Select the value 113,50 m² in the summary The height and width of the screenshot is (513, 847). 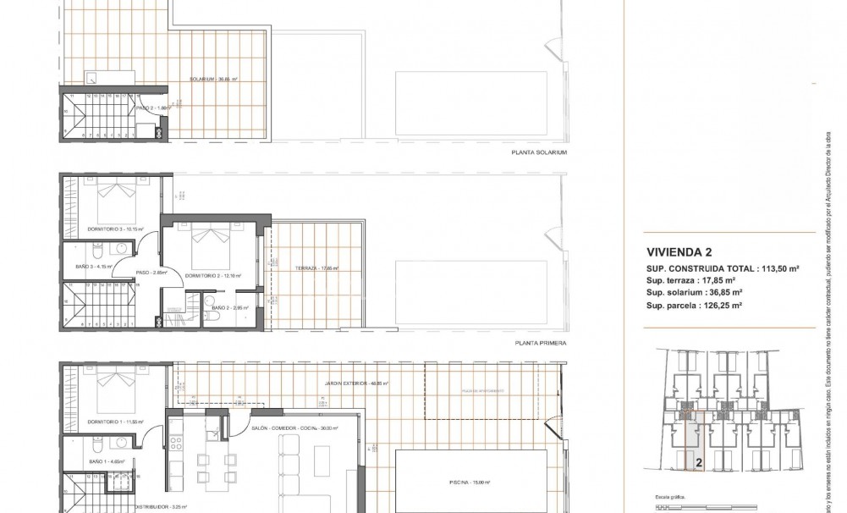point(775,268)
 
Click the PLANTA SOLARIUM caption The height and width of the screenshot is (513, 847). point(539,153)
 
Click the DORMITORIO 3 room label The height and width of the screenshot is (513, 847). point(115,229)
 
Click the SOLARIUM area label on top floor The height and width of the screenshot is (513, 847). point(213,79)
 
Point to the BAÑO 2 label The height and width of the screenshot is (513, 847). point(222,306)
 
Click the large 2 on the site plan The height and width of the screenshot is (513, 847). point(699,463)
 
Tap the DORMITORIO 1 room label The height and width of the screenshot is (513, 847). point(115,420)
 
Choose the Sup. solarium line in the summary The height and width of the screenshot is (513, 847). point(694,292)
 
